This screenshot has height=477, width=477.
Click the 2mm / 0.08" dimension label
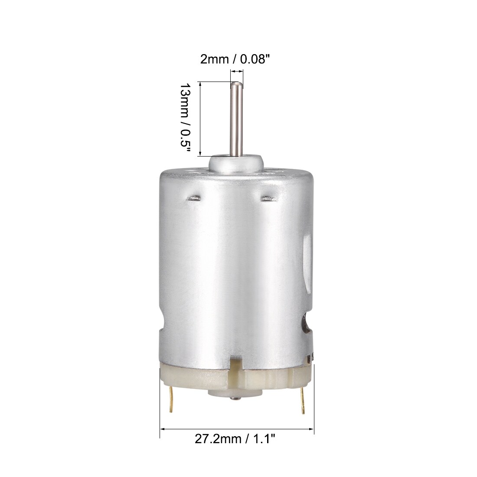235,59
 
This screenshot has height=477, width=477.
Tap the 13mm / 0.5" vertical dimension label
185,119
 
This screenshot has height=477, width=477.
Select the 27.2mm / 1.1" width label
235,439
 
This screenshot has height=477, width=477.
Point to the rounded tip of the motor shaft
236,84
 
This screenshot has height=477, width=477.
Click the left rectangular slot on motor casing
194,198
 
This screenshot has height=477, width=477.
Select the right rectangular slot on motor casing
268,198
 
